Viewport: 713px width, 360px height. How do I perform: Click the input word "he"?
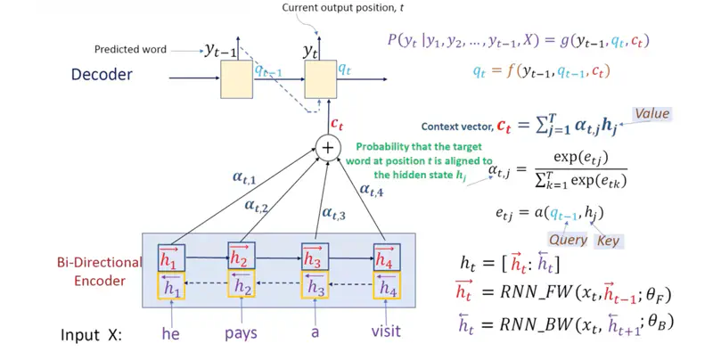coord(169,333)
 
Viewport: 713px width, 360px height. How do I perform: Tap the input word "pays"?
coord(241,333)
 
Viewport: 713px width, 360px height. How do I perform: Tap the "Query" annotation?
coord(568,240)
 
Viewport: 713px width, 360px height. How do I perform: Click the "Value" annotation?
coord(651,114)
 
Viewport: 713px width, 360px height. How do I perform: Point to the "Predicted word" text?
coord(130,49)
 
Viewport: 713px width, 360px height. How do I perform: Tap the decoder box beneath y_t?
coord(321,81)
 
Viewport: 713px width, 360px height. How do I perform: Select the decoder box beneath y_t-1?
coord(237,81)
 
